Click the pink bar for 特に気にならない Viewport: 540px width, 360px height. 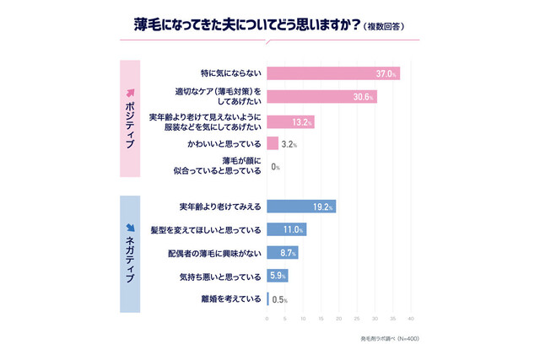[332, 74]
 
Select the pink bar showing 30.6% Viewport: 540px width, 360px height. [321, 98]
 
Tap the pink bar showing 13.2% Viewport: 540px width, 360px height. [290, 122]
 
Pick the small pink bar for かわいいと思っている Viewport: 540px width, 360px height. [273, 143]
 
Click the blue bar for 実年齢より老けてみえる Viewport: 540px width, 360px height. [301, 206]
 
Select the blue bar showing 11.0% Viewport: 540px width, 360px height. [286, 228]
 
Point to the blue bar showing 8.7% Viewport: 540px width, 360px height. [282, 252]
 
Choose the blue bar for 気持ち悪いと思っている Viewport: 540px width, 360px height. [277, 275]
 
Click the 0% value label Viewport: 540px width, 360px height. [275, 168]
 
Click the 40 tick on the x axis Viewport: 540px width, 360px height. [411, 319]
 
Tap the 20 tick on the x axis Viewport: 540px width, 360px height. [339, 319]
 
